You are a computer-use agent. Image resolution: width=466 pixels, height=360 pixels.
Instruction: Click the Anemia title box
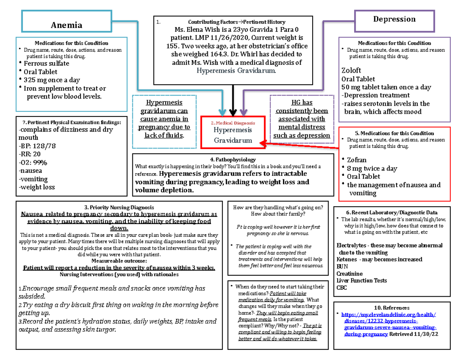click(x=67, y=24)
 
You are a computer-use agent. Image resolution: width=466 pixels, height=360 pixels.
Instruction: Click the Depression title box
click(x=394, y=19)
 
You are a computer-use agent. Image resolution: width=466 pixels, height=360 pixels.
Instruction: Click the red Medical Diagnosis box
click(x=233, y=132)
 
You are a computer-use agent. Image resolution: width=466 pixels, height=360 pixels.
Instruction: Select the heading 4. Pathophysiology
click(x=233, y=159)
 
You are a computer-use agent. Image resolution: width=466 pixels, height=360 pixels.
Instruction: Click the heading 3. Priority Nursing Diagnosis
click(x=116, y=207)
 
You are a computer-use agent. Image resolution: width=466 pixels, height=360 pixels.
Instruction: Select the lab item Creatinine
click(x=349, y=274)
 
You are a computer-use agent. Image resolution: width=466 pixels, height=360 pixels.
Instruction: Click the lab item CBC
click(x=342, y=288)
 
